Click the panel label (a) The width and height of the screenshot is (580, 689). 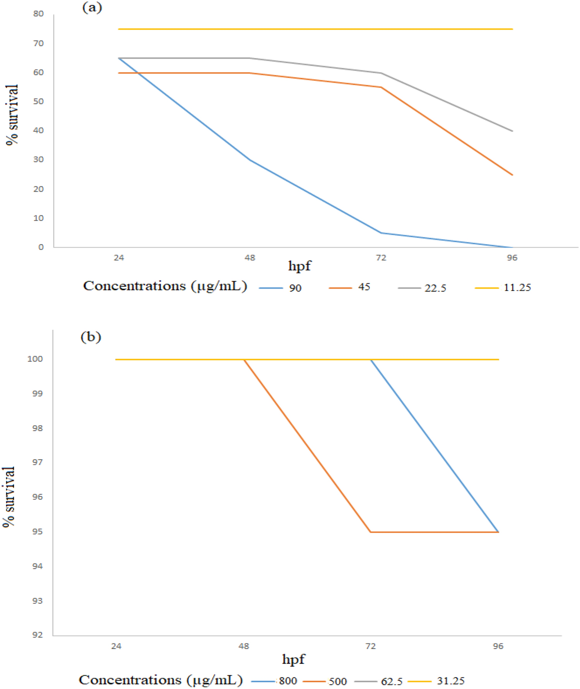click(92, 7)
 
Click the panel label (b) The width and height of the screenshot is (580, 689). click(91, 336)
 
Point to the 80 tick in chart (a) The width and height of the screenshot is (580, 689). click(38, 14)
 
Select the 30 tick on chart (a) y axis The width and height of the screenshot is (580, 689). click(38, 159)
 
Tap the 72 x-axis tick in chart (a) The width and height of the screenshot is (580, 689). click(381, 258)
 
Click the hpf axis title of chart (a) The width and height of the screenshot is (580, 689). click(299, 266)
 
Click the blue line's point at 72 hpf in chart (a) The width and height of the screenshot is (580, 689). click(381, 233)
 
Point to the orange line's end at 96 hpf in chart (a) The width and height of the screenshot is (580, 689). click(512, 175)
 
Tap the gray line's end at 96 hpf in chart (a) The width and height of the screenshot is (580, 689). click(512, 131)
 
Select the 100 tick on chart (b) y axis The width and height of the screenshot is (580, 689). click(35, 359)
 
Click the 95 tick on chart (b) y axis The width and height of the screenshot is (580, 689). click(37, 532)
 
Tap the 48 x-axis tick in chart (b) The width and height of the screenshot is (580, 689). click(244, 646)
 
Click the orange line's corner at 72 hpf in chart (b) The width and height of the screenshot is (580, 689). click(371, 532)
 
